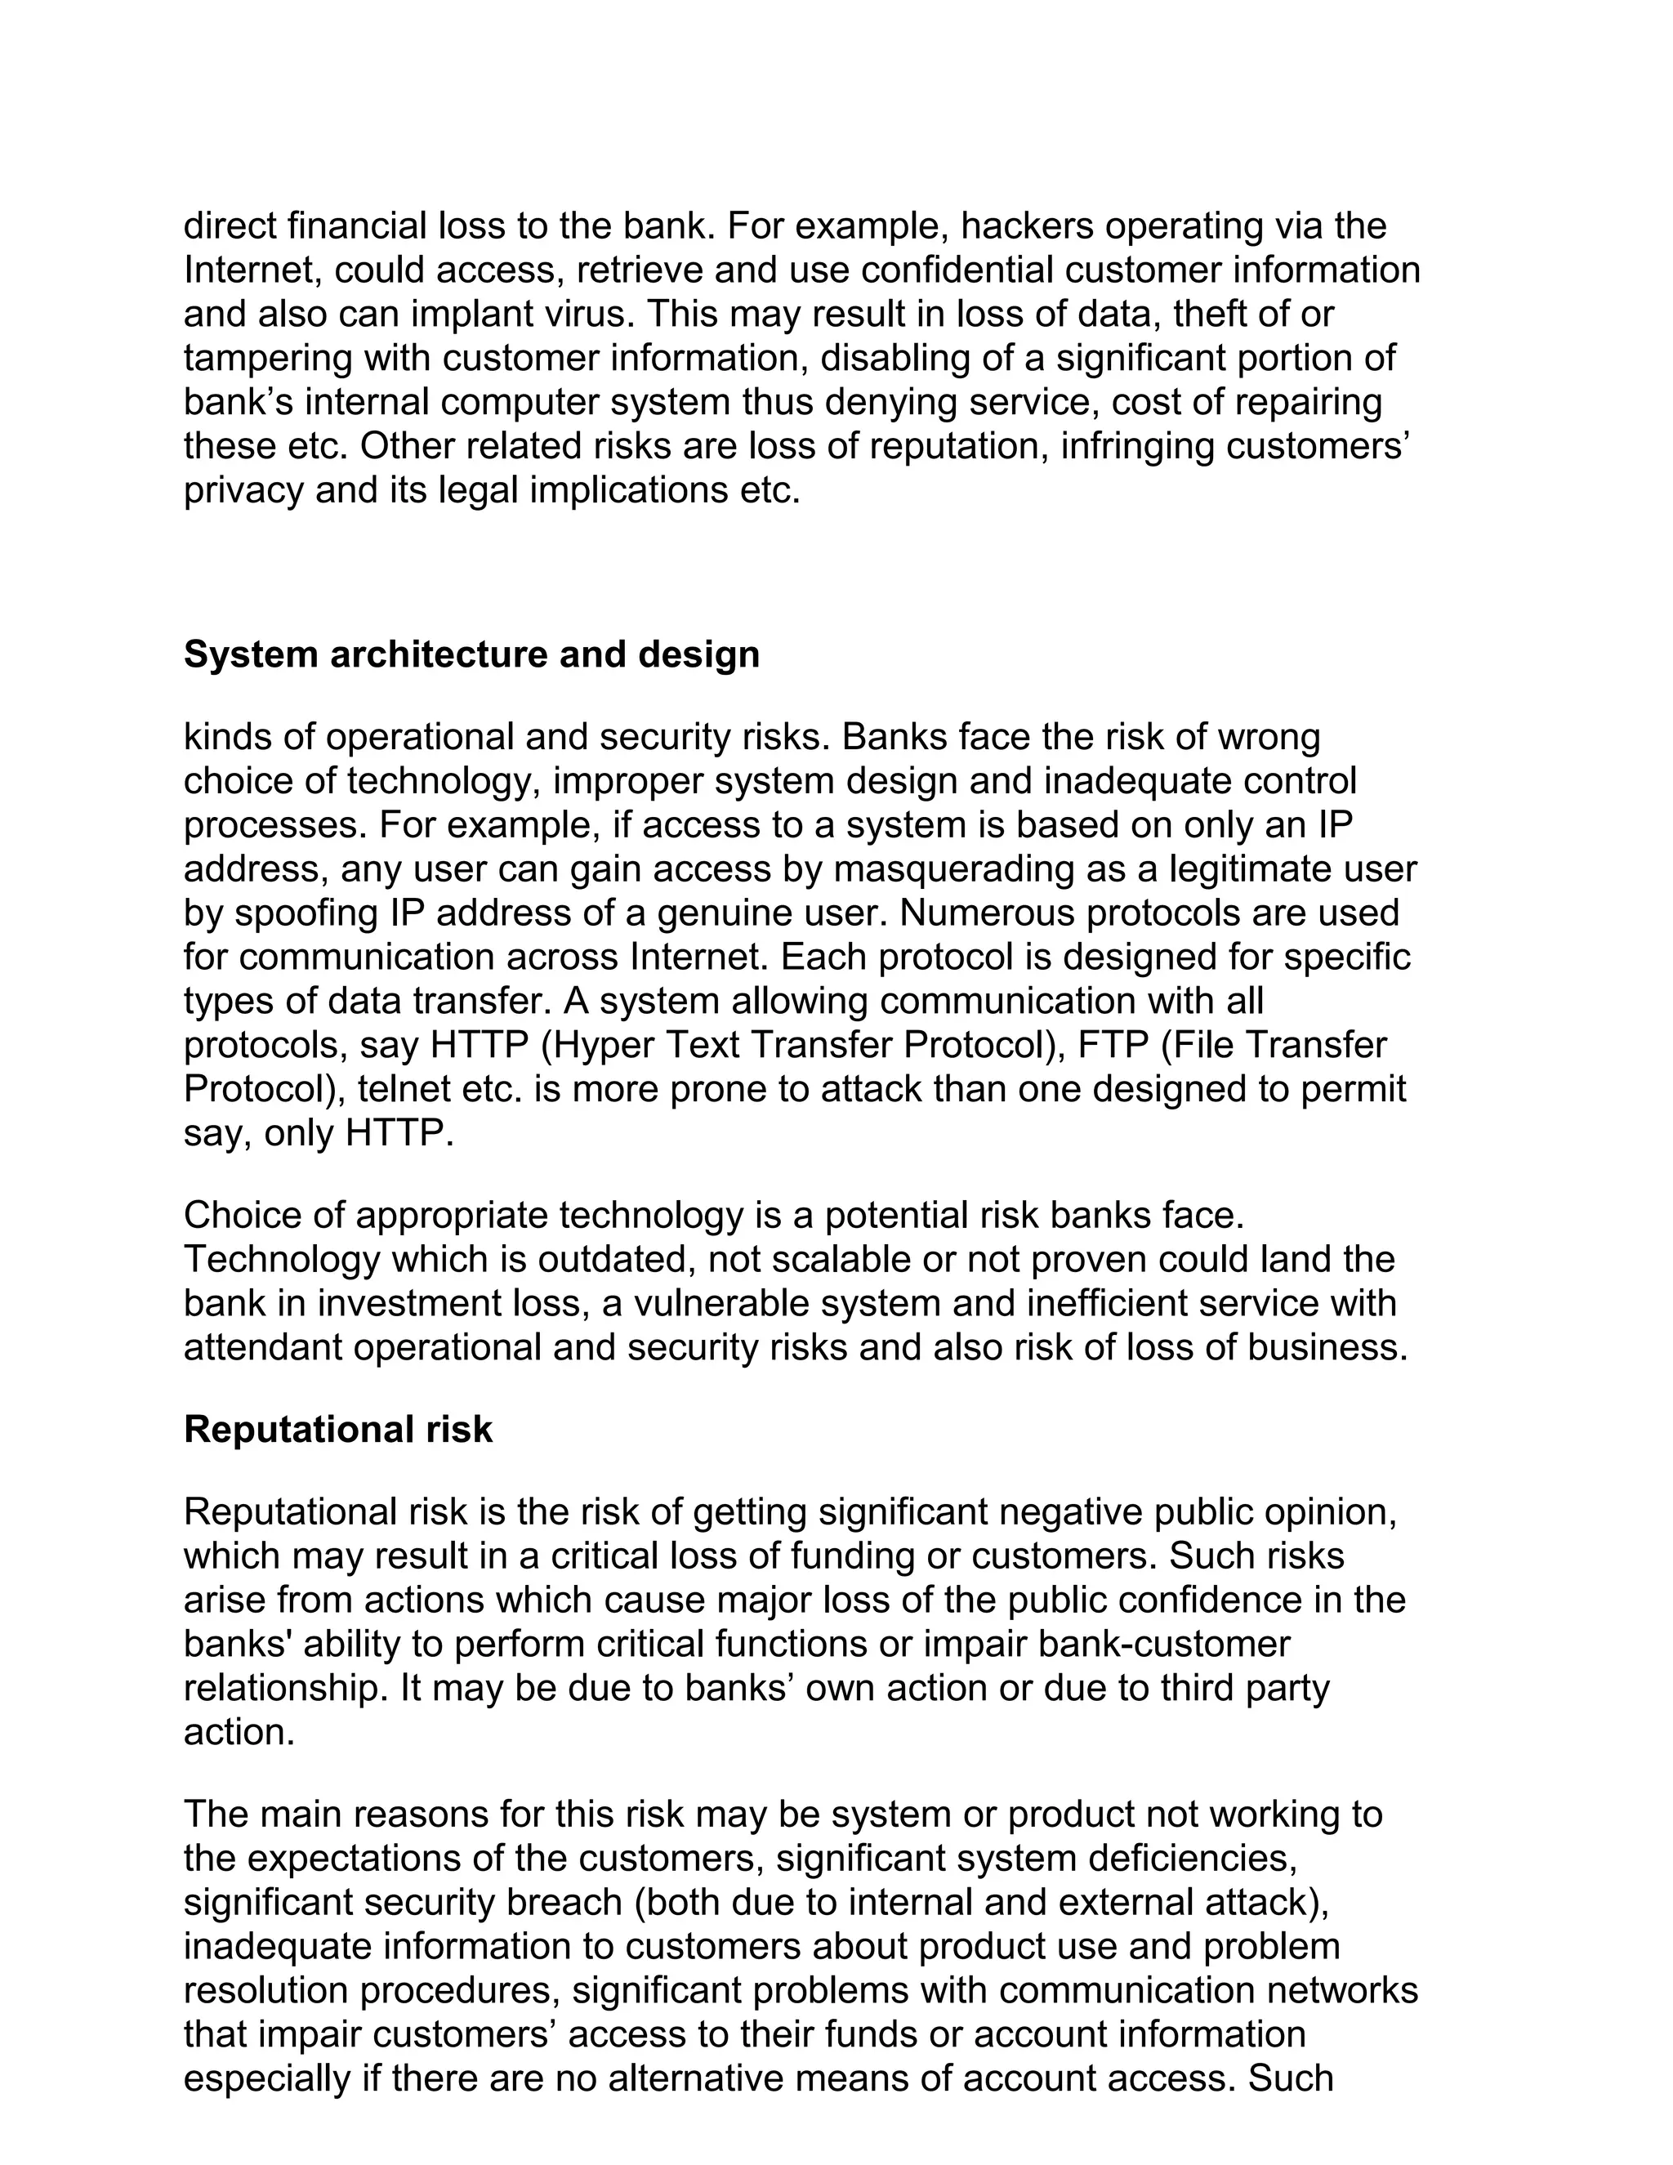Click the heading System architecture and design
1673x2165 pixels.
472,654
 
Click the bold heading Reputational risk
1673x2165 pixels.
338,1430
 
